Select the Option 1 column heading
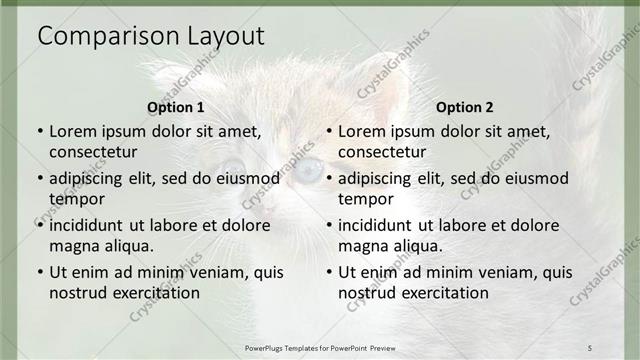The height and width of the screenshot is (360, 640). point(176,107)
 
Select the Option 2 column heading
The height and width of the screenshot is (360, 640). point(465,107)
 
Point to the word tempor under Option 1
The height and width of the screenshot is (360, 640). point(77,199)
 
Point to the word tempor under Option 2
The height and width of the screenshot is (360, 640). point(366,199)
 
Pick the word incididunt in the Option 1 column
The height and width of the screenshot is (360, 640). point(92,225)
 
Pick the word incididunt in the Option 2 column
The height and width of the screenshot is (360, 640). point(381,225)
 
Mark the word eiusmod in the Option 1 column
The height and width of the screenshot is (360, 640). point(248,178)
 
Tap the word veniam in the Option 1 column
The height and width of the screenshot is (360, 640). point(227,272)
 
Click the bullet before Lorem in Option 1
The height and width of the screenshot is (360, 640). point(40,131)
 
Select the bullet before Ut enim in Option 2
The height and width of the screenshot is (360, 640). point(329,272)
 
